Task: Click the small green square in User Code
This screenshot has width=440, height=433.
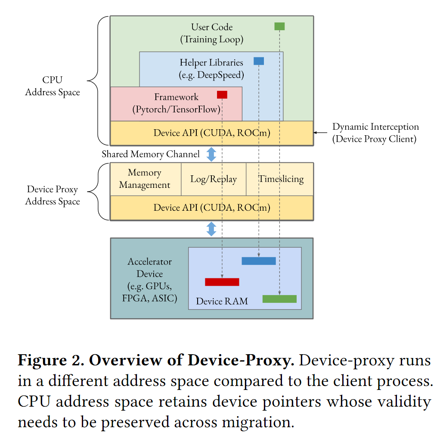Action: tap(279, 26)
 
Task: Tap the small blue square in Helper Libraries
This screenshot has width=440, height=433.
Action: tap(259, 61)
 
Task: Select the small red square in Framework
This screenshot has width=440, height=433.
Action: tap(222, 95)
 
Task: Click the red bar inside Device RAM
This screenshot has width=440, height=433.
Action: tap(222, 282)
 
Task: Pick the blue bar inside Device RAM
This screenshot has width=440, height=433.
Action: tap(258, 261)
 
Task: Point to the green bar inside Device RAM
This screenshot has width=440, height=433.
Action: tap(279, 299)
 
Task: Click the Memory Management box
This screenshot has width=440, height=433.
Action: tap(145, 179)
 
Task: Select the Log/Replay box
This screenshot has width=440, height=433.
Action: tap(214, 179)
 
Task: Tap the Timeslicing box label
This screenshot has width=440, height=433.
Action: tap(281, 179)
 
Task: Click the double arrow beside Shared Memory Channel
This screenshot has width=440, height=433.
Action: tap(211, 154)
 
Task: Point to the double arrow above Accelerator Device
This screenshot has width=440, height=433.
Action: tap(211, 229)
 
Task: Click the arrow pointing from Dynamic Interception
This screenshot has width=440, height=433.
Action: tap(320, 133)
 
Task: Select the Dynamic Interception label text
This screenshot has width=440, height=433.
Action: tap(375, 133)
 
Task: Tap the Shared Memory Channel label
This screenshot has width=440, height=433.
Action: tap(151, 154)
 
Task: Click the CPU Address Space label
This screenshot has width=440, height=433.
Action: tap(53, 86)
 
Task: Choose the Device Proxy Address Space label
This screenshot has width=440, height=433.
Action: tap(53, 195)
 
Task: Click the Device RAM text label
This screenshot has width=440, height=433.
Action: tap(222, 301)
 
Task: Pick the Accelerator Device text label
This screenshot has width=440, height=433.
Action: tap(149, 280)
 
